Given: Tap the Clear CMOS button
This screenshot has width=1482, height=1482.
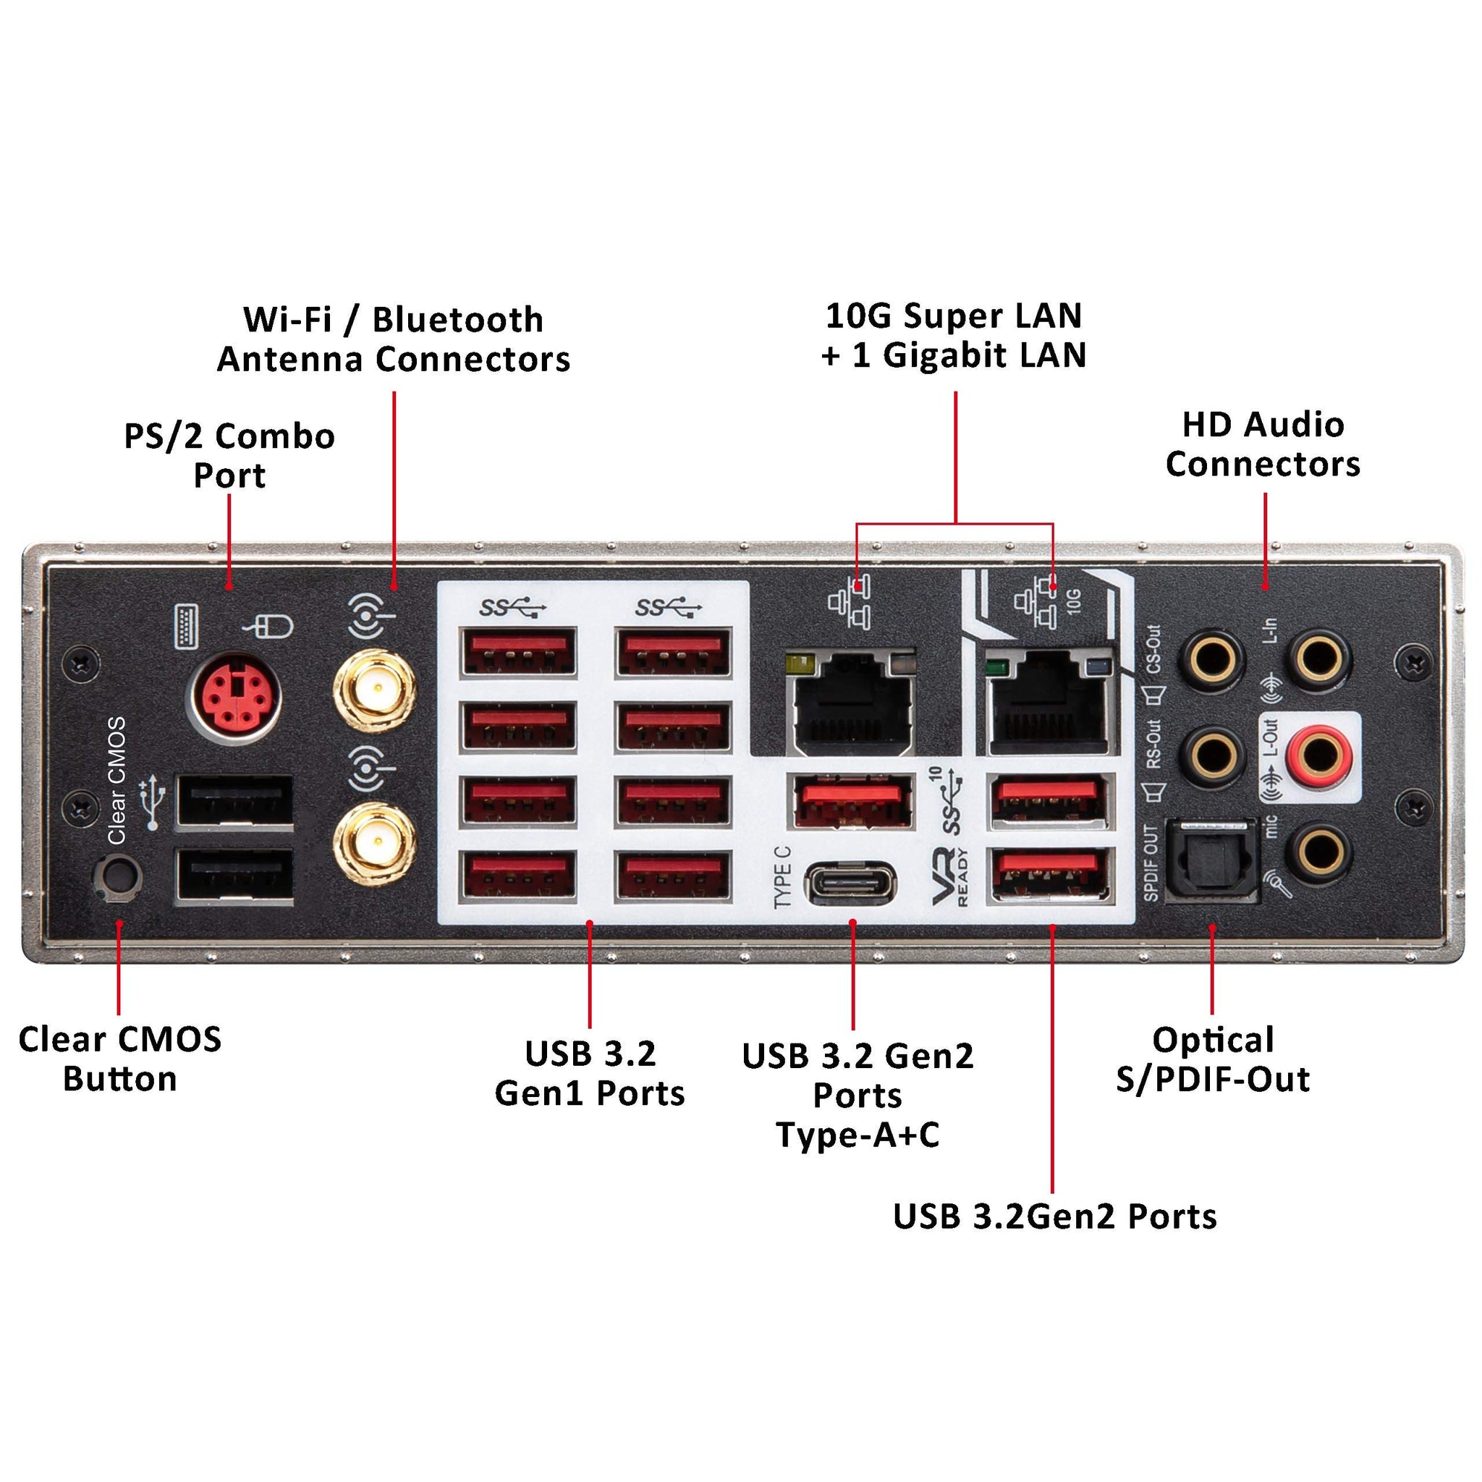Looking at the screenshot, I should pyautogui.click(x=117, y=876).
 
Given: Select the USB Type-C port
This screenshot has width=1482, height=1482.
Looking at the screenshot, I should pyautogui.click(x=851, y=883).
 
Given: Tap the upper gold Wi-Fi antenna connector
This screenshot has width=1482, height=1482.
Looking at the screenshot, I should pyautogui.click(x=375, y=690).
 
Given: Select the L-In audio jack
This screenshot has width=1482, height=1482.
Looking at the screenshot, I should pyautogui.click(x=1319, y=659).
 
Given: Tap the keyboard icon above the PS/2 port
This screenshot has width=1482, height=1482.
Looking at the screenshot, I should pyautogui.click(x=187, y=626).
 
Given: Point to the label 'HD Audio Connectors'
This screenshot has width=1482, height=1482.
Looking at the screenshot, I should pyautogui.click(x=1263, y=445).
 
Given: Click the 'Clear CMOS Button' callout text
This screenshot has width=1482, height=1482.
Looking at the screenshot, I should pyautogui.click(x=119, y=1059).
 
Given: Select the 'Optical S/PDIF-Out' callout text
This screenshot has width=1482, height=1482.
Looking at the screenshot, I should pyautogui.click(x=1212, y=1059).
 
